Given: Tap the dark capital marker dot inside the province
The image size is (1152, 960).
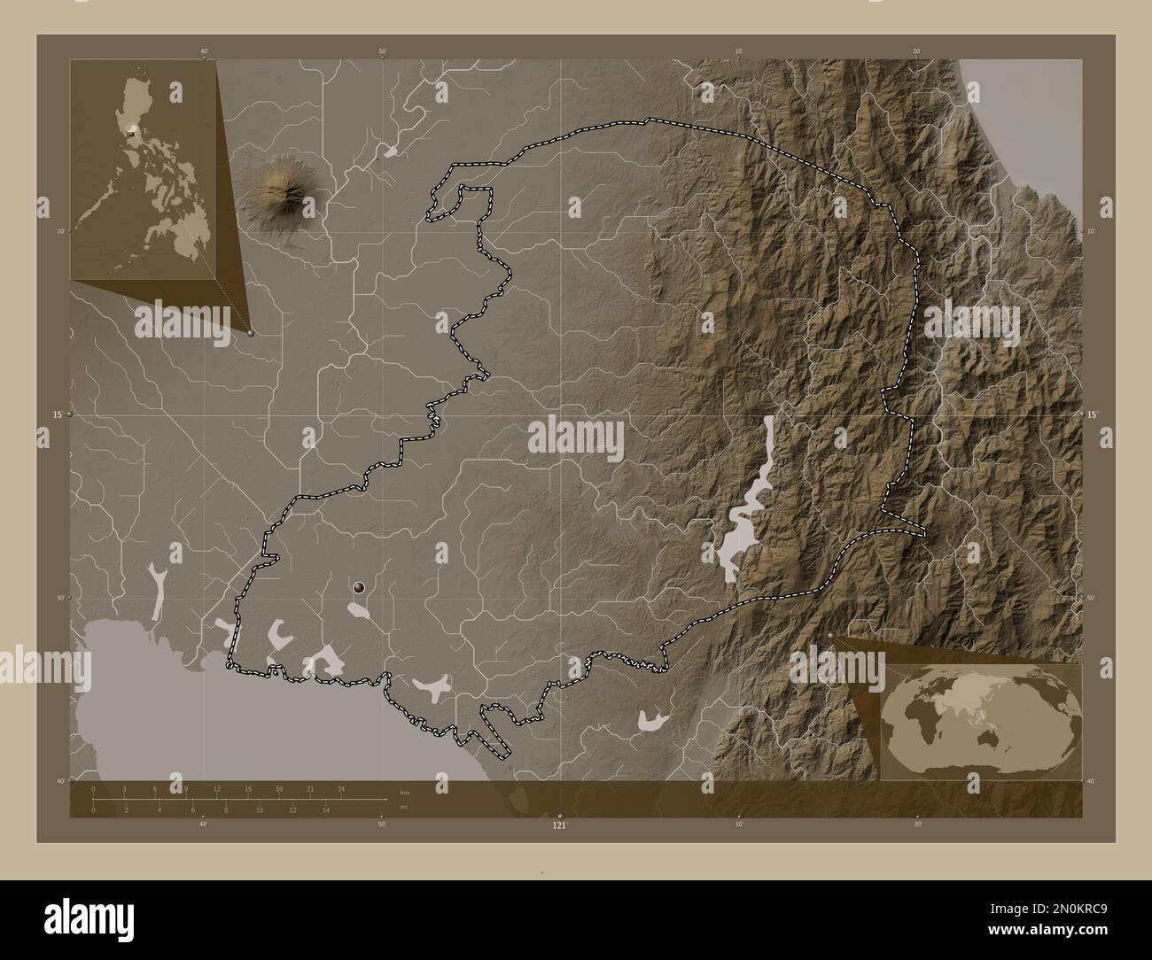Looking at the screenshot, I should click(x=359, y=586).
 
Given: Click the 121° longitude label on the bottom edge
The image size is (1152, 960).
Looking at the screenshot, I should click(x=559, y=825).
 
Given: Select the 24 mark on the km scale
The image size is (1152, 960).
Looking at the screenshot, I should click(x=341, y=788).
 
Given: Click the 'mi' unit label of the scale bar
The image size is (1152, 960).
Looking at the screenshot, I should click(x=403, y=807).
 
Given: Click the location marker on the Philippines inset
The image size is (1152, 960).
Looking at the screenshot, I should click(x=132, y=132).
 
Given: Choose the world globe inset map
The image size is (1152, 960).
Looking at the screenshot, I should click(x=982, y=722).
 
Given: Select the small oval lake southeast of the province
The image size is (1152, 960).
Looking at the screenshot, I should click(x=653, y=722).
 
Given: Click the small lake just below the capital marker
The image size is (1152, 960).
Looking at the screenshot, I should click(x=358, y=611).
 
